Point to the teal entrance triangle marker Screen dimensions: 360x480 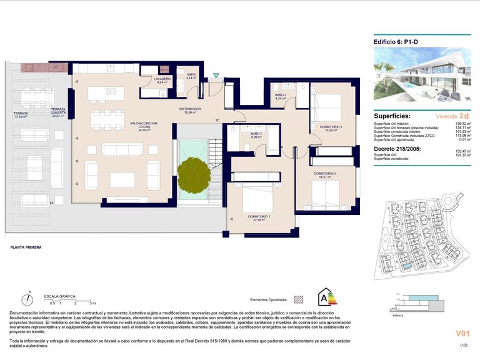pyautogui.click(x=216, y=76)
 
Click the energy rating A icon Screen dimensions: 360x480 pyautogui.click(x=325, y=297)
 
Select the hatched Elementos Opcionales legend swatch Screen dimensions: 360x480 pyautogui.click(x=298, y=299)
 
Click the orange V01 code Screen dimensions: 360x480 pyautogui.click(x=461, y=336)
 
